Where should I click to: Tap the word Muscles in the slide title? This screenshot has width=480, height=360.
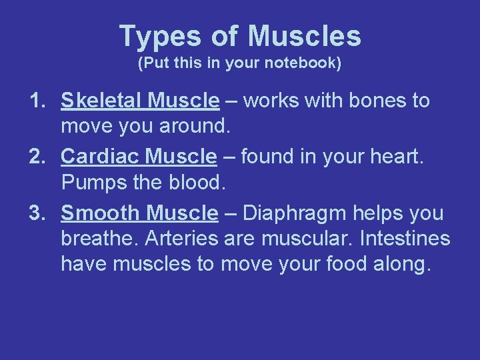click(x=304, y=37)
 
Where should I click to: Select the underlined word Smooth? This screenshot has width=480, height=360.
click(x=101, y=213)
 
